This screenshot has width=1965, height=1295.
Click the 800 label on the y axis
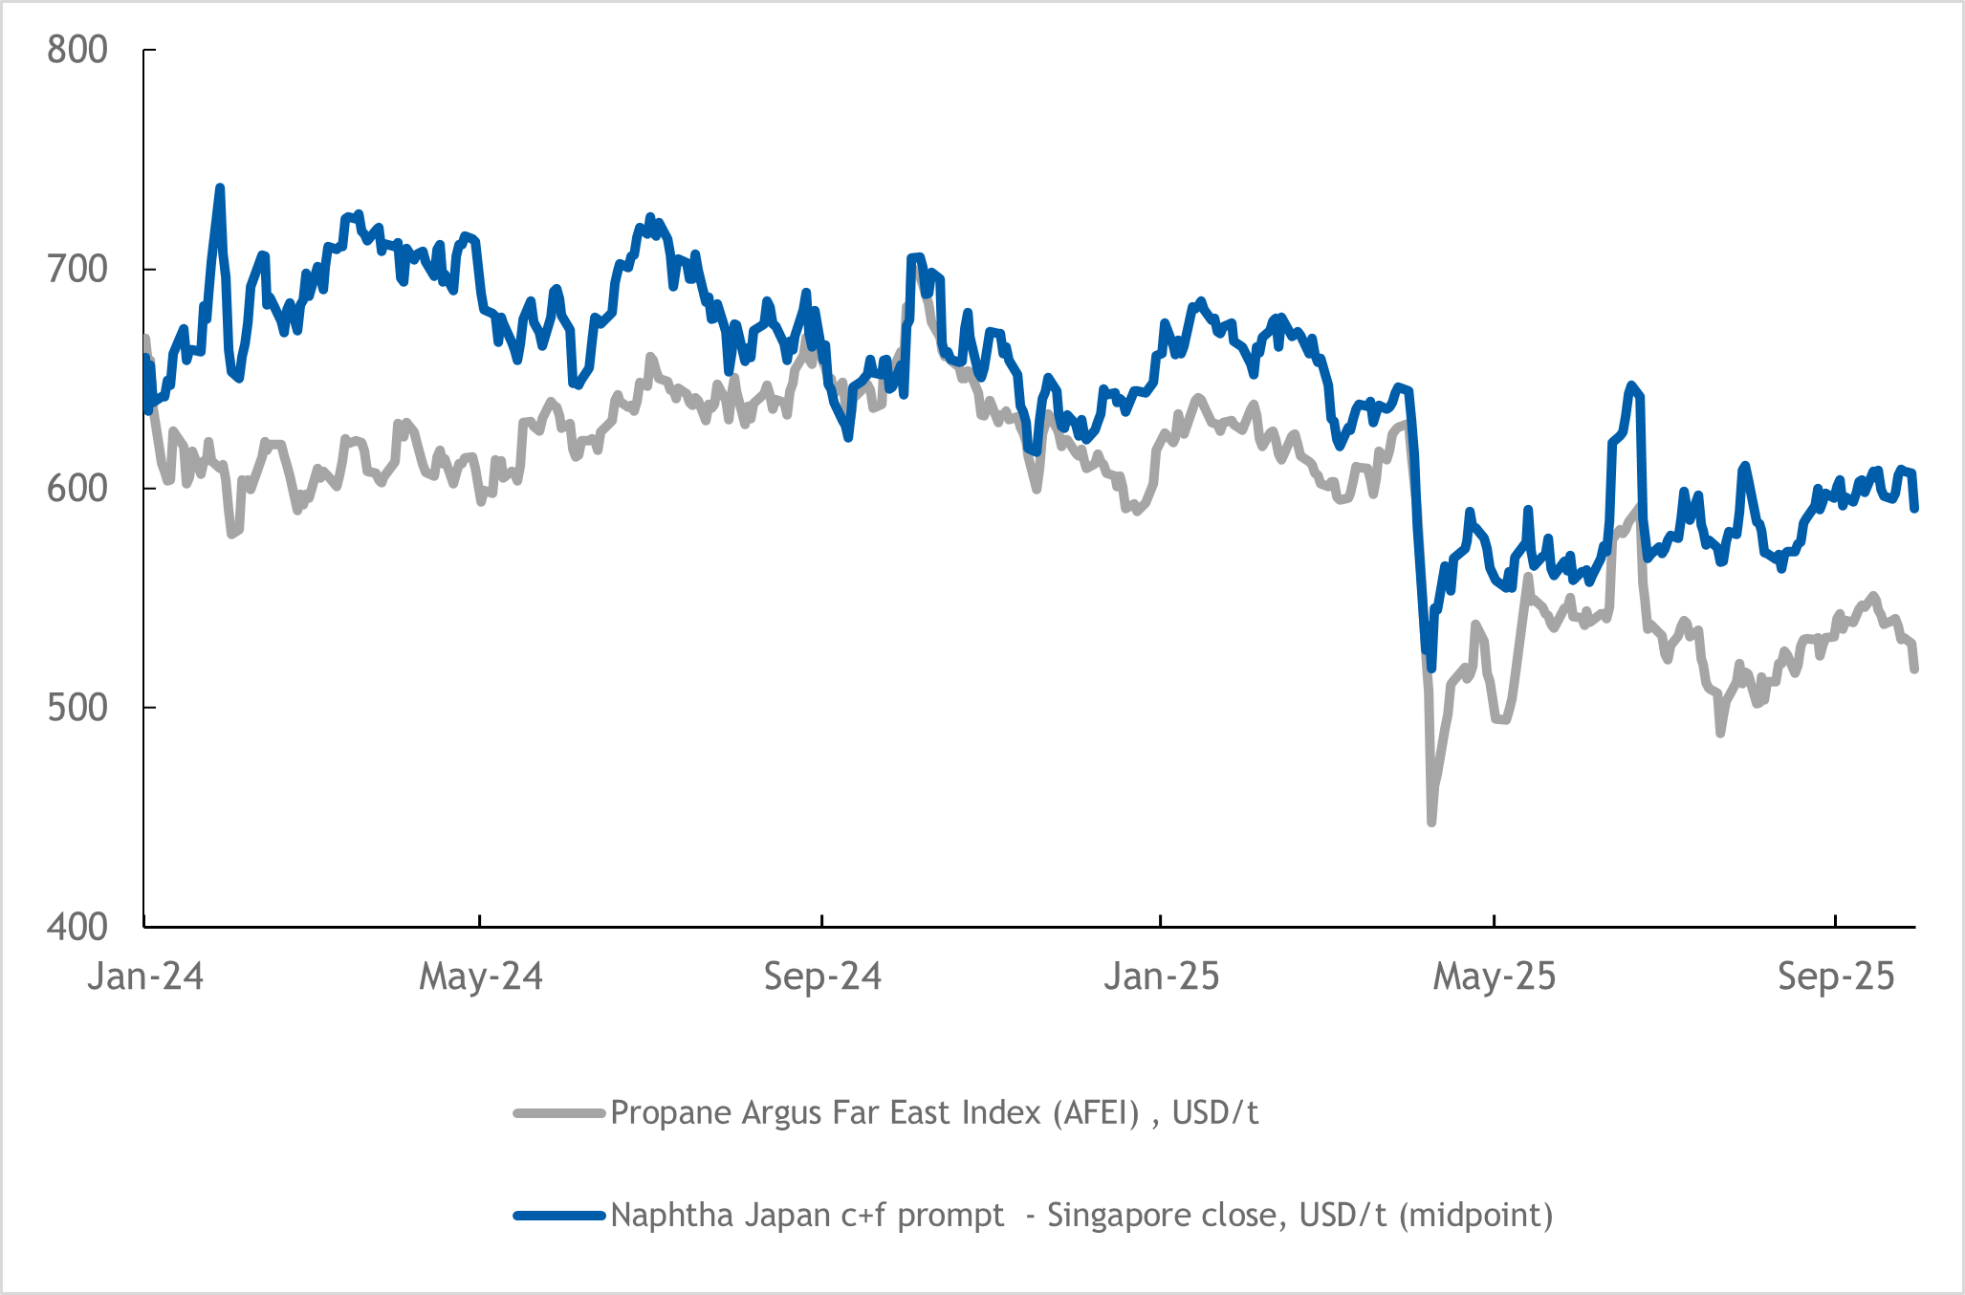pos(77,50)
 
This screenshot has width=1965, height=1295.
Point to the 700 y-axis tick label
pos(77,269)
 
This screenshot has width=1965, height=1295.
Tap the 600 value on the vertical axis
pos(77,488)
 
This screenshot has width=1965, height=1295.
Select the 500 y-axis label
pos(77,707)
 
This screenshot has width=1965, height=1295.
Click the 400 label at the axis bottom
pos(77,926)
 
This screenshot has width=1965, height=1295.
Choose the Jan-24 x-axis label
pos(145,977)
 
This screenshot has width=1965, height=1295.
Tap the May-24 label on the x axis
pos(481,977)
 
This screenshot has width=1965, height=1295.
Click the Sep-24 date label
pos(822,977)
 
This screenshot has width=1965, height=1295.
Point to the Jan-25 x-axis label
pos(1162,977)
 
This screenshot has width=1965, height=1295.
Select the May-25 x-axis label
pos(1495,977)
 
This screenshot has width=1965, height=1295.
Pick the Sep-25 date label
pos(1836,977)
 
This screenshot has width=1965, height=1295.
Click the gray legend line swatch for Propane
pos(559,1113)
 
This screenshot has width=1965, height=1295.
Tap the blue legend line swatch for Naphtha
pos(559,1216)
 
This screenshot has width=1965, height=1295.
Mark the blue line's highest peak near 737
pos(220,188)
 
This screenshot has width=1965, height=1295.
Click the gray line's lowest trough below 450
pos(1431,822)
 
